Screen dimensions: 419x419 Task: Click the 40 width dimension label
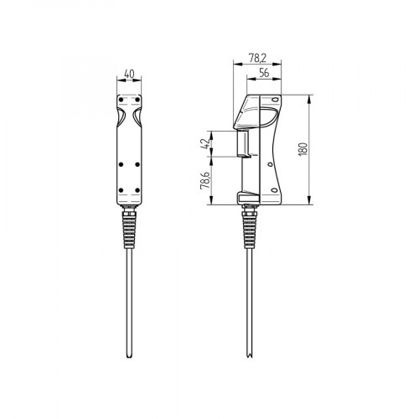pos(129,74)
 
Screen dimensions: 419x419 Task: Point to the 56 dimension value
pos(264,74)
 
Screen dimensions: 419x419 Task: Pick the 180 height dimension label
pos(304,148)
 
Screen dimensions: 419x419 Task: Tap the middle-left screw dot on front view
pos(122,164)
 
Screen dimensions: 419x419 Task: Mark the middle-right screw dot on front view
pos(137,164)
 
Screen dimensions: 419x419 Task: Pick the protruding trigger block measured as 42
pos(244,143)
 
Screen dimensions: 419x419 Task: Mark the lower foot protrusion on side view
pos(249,198)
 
